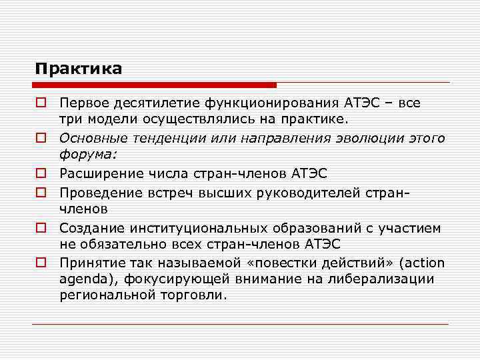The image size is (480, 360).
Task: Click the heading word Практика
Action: click(79, 69)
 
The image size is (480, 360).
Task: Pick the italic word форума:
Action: click(88, 155)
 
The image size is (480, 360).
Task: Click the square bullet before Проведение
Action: click(41, 192)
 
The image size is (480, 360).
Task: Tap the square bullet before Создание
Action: click(41, 228)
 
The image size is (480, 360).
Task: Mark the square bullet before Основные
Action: click(41, 138)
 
